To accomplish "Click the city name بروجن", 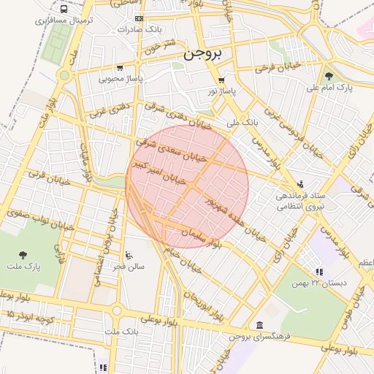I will point(207,54).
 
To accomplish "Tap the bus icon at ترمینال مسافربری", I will point(64,10).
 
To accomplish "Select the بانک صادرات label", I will point(138,31).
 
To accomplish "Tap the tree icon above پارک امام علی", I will point(329,75).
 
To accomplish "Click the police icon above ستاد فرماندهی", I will point(300,184).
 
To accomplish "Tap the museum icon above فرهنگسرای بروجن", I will point(259,325).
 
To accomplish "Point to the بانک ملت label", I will point(121,332).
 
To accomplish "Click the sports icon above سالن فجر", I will point(129,255).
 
